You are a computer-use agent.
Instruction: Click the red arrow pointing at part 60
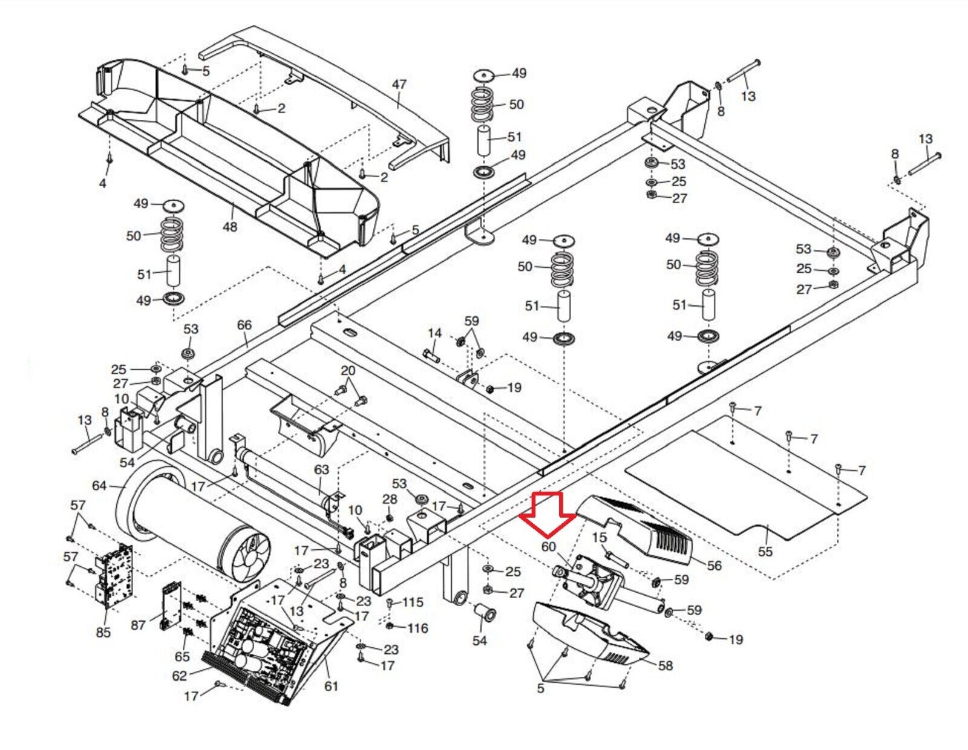(548, 513)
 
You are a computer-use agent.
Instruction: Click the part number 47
(399, 85)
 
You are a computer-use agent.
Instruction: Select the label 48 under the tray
(230, 227)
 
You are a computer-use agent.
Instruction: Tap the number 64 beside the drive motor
(99, 485)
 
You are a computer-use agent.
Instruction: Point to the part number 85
(103, 632)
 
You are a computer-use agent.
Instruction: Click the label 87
(138, 625)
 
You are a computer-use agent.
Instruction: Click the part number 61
(331, 686)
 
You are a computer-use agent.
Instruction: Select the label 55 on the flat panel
(765, 552)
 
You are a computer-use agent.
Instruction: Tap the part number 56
(714, 566)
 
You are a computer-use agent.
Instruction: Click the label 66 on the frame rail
(244, 325)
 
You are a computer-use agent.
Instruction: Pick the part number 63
(321, 469)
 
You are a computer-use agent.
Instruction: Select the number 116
(417, 628)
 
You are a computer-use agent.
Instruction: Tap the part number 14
(435, 333)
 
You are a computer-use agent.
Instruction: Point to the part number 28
(390, 500)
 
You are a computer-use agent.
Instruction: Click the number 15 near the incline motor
(600, 538)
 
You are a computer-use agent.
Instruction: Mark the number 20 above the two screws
(348, 370)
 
